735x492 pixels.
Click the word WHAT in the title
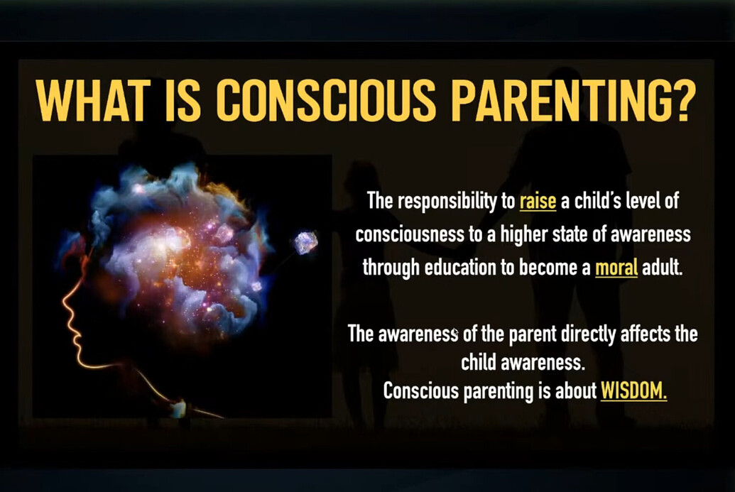pyautogui.click(x=92, y=101)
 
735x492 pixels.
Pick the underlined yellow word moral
pyautogui.click(x=616, y=268)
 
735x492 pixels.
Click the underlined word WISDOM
pyautogui.click(x=633, y=390)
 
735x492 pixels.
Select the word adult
pyautogui.click(x=662, y=268)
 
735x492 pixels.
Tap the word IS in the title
pyautogui.click(x=183, y=101)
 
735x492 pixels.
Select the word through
pyautogui.click(x=391, y=268)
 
